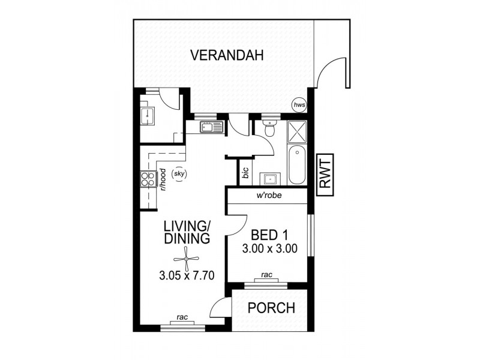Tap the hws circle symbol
299,106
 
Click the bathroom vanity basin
269,178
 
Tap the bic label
245,173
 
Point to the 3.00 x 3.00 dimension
269,249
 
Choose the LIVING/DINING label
187,232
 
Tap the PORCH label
272,309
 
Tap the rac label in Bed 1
268,275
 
